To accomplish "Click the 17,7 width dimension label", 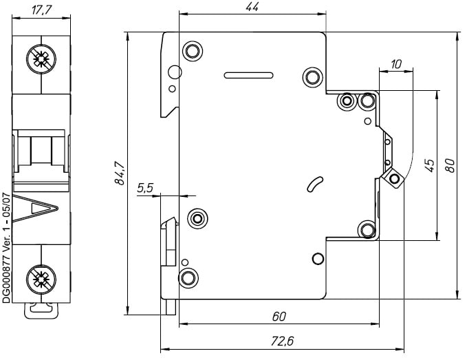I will coord(42,10).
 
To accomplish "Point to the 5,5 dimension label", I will coord(146,187).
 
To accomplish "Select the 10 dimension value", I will coord(395,63).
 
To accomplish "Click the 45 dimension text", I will coord(430,165).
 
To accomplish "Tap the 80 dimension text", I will coord(450,165).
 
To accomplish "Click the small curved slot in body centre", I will coord(314,184).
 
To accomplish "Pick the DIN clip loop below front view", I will coord(42,310).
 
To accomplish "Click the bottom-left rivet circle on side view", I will coord(187,278).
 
